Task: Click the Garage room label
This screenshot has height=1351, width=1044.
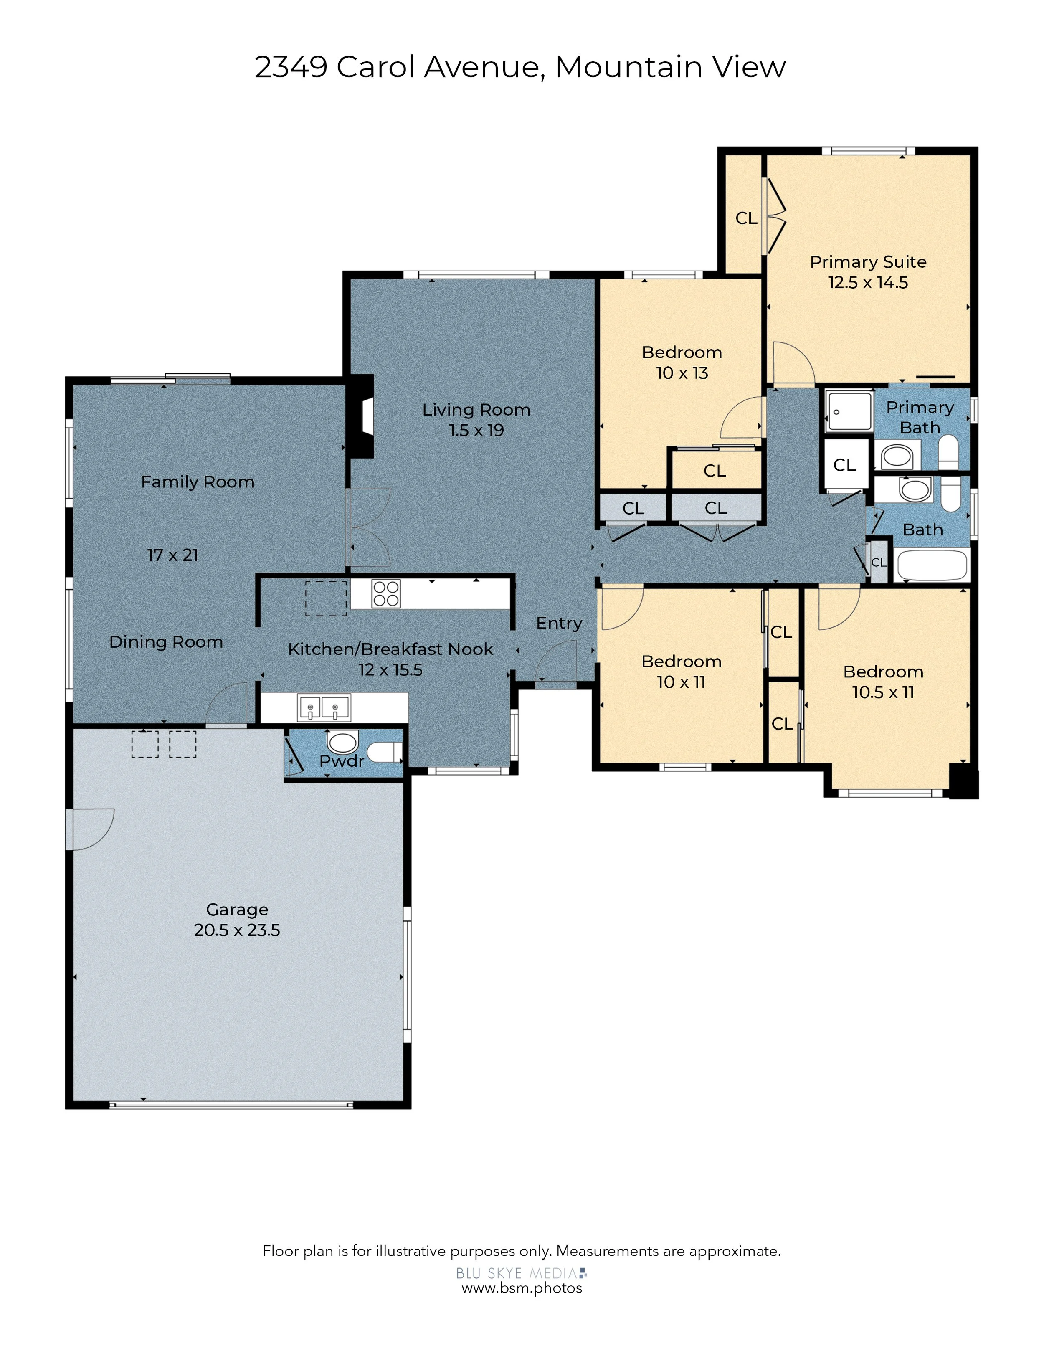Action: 237,910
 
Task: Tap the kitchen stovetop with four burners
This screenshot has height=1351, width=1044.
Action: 386,593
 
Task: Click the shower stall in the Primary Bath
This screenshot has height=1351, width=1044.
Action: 850,411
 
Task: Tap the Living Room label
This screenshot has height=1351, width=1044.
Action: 476,410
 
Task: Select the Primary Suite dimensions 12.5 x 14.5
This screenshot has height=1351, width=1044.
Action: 868,283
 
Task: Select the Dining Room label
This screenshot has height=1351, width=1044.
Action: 166,642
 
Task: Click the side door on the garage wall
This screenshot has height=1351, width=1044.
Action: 90,829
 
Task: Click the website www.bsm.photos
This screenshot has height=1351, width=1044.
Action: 522,1288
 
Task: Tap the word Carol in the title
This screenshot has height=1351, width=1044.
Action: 375,67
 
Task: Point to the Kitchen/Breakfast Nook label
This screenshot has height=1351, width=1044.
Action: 391,649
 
